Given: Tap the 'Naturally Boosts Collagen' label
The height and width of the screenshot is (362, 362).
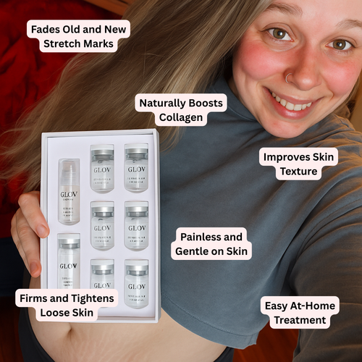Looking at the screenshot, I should tap(181, 109).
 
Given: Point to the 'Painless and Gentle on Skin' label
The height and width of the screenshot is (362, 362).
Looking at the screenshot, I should tap(211, 244).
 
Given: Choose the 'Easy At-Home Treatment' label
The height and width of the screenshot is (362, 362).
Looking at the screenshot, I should tap(298, 313).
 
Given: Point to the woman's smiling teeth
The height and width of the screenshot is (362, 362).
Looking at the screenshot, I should tap(295, 104).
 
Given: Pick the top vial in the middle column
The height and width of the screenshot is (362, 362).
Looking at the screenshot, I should tap(102, 168).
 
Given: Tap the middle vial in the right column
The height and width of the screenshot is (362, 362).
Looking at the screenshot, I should tap(136, 225).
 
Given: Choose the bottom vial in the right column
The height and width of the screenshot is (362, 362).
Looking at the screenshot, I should tap(136, 282).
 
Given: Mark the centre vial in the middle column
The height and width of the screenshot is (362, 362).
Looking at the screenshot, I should tap(102, 225).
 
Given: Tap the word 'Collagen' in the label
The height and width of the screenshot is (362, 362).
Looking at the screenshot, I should tap(181, 117).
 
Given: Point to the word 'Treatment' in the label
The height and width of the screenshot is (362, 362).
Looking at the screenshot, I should tap(298, 320).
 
